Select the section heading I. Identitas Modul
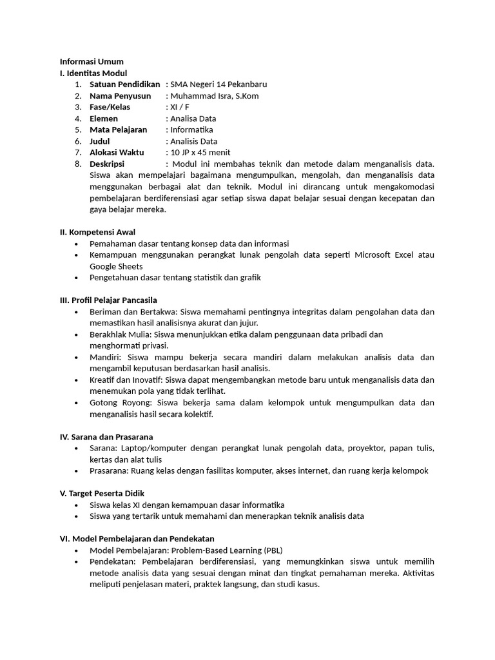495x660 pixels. tap(93, 73)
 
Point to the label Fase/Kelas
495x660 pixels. tap(110, 107)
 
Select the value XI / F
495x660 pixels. tap(180, 107)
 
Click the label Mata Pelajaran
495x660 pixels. tap(118, 130)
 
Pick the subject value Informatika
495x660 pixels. tap(192, 130)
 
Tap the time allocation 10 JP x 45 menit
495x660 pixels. tap(200, 153)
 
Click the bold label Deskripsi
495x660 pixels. tap(106, 164)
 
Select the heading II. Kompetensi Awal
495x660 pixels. tap(97, 232)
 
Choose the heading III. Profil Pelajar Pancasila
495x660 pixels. tap(108, 300)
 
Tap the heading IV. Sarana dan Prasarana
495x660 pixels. tap(106, 437)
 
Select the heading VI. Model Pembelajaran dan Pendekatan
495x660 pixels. tap(137, 539)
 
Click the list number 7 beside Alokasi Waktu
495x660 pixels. tap(77, 153)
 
